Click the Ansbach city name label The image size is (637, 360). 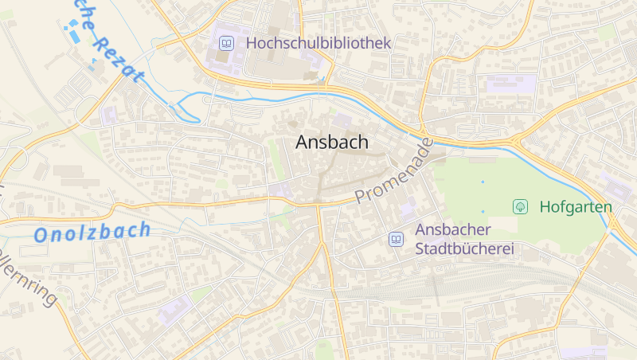point(332,142)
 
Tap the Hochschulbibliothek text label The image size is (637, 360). point(318,43)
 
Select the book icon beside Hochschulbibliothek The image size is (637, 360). point(226,43)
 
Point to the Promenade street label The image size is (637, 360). point(394,171)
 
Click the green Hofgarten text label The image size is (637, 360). point(575,207)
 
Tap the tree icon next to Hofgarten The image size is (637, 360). point(520,207)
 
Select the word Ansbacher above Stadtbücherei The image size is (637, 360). point(453,229)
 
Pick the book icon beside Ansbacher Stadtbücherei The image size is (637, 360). point(396,239)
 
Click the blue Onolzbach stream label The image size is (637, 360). point(92,233)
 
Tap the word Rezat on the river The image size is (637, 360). point(118,57)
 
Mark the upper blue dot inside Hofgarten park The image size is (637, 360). point(483,182)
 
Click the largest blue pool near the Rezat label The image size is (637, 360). point(75,36)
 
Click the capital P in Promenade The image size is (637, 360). point(362,196)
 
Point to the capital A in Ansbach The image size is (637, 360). point(303,142)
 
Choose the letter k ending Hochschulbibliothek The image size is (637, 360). point(387,43)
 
